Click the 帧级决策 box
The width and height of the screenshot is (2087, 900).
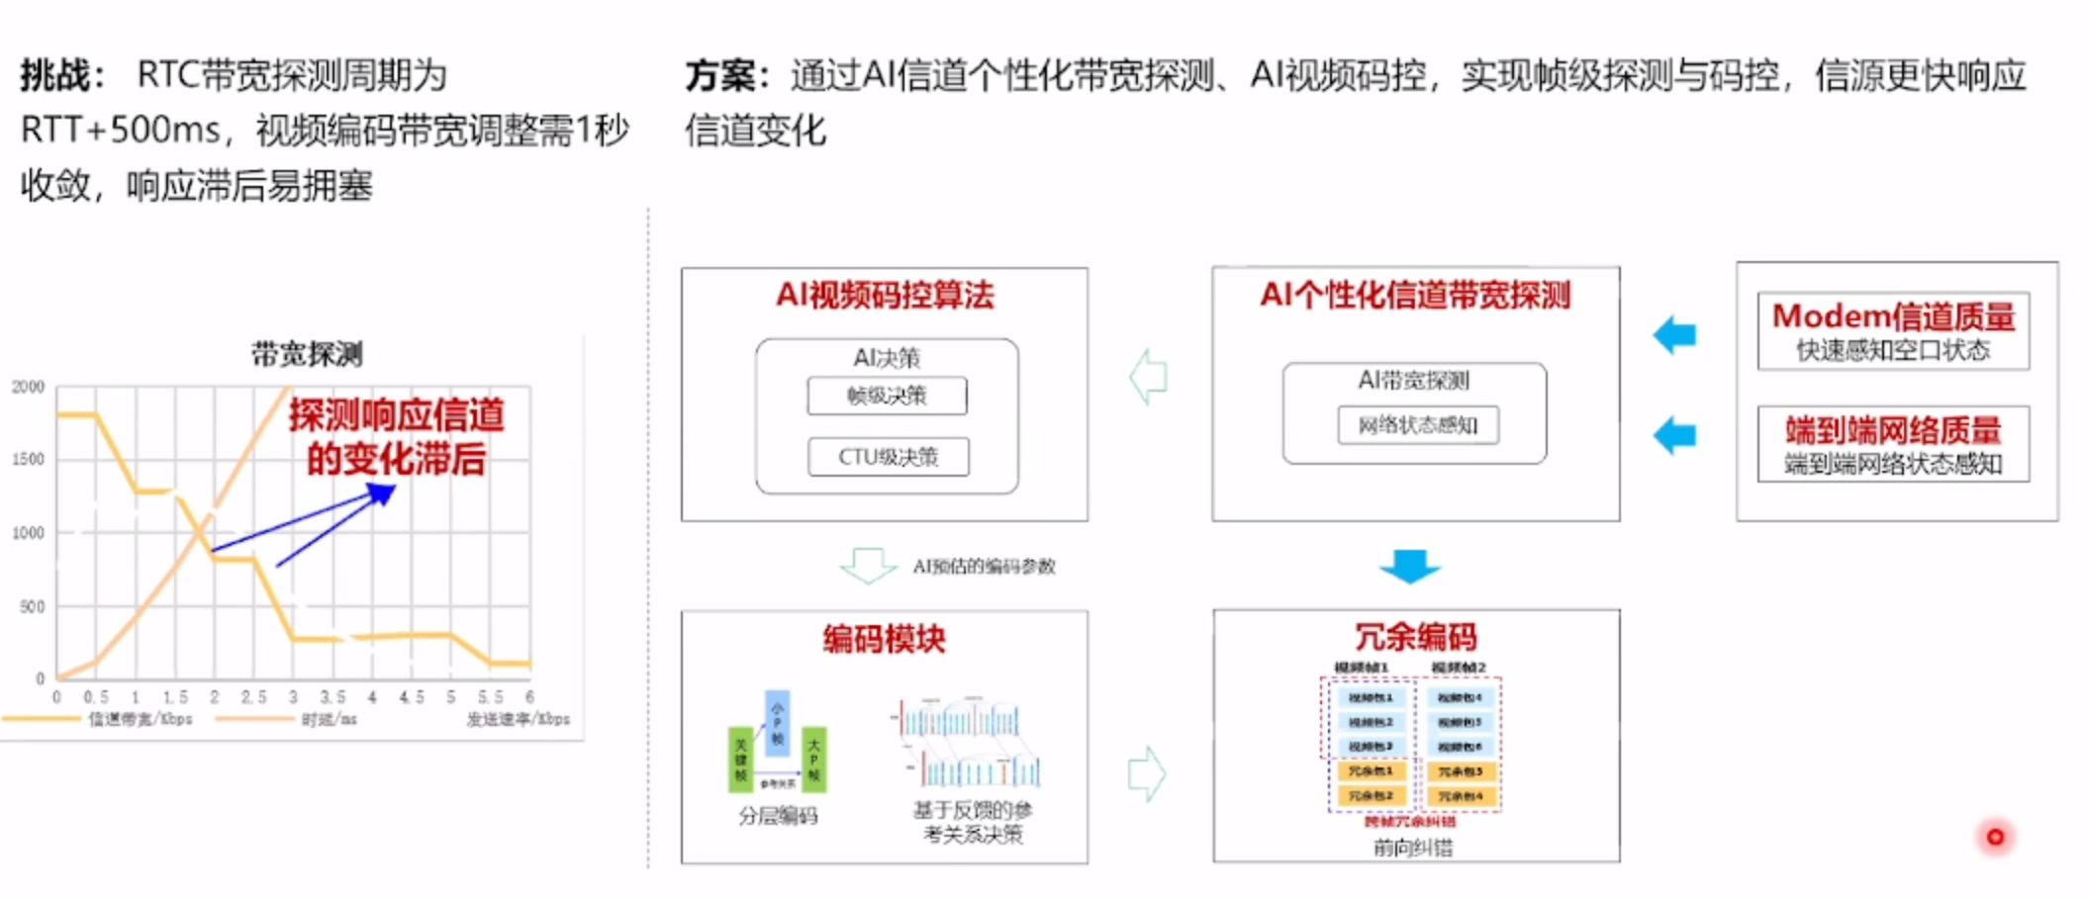(x=887, y=397)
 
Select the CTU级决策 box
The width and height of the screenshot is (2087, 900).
(x=888, y=457)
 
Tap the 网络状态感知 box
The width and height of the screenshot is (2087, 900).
(x=1417, y=425)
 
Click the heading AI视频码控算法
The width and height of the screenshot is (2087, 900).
(x=885, y=295)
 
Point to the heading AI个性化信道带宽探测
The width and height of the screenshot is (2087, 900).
(x=1415, y=295)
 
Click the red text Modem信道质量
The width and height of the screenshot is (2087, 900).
(x=1893, y=316)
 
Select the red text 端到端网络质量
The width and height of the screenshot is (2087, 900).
(x=1893, y=430)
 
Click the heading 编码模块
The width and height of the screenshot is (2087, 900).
(x=884, y=639)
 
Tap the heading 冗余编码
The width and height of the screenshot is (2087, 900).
(x=1415, y=637)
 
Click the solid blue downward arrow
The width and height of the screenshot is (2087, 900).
(x=1410, y=566)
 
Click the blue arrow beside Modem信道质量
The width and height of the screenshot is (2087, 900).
(x=1674, y=335)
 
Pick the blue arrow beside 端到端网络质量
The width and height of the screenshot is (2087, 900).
(x=1674, y=435)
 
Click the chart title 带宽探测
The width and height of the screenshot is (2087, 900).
(x=307, y=354)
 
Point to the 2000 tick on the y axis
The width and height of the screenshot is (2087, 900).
(x=29, y=387)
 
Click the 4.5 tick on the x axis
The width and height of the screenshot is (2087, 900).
(x=412, y=697)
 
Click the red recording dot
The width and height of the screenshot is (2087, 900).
(x=1995, y=837)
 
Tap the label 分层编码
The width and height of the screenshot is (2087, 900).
(x=778, y=816)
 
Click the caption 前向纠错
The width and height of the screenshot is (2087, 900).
(x=1413, y=847)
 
